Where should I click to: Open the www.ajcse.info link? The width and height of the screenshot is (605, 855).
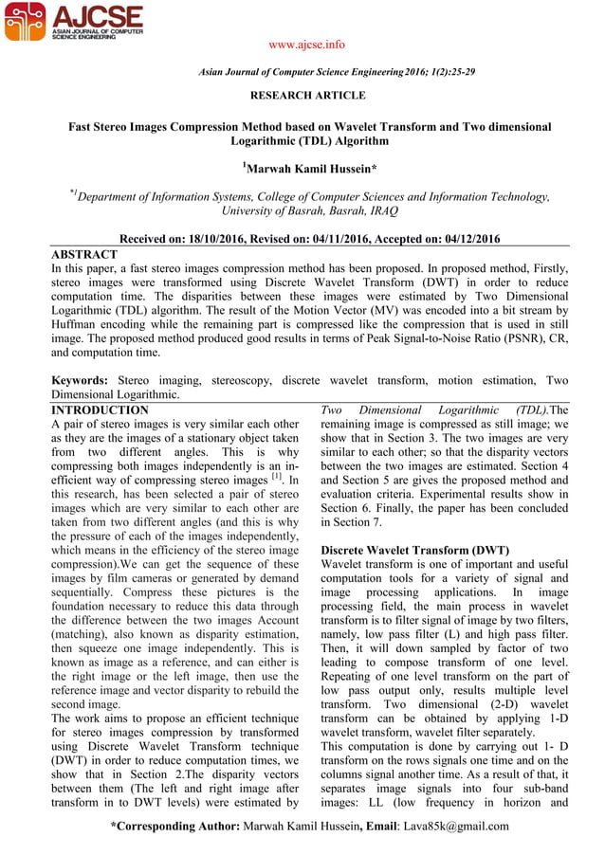(x=306, y=45)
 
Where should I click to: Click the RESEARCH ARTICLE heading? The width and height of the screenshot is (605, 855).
(x=306, y=96)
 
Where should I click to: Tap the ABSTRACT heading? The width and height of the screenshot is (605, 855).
(x=83, y=255)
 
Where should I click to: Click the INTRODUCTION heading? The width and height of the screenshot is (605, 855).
(x=100, y=410)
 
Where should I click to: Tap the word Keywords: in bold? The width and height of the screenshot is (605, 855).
(x=82, y=380)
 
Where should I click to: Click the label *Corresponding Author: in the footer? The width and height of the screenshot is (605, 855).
(x=175, y=826)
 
